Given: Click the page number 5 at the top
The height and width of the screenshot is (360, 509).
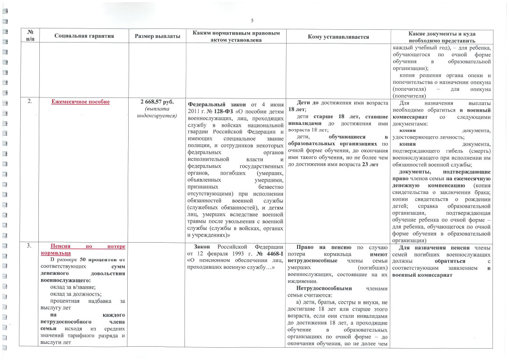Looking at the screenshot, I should [x=252, y=20].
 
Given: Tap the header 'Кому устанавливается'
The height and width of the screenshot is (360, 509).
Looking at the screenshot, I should [x=338, y=36].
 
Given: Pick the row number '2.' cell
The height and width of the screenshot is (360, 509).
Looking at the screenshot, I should [x=29, y=102].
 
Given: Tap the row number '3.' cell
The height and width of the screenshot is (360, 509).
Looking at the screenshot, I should [x=29, y=246].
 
